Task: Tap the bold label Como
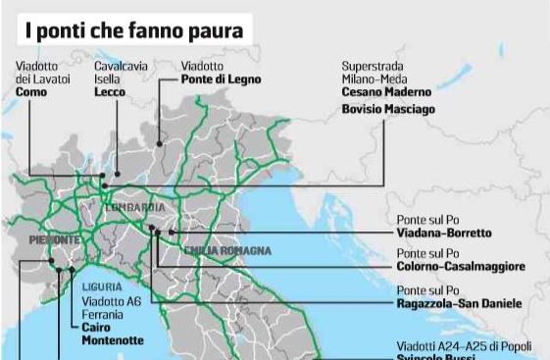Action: click(32, 91)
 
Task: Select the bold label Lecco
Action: click(111, 91)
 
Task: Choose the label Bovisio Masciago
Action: click(388, 109)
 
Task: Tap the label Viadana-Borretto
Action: click(444, 233)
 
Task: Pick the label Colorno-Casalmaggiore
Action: click(461, 266)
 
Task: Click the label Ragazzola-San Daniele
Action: click(459, 303)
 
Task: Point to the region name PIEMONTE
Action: click(53, 239)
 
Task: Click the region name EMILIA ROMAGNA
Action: click(227, 251)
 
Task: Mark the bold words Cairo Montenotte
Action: click(112, 334)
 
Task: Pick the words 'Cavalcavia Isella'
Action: click(121, 72)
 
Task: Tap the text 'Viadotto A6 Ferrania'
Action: click(111, 308)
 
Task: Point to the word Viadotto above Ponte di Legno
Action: click(202, 66)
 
